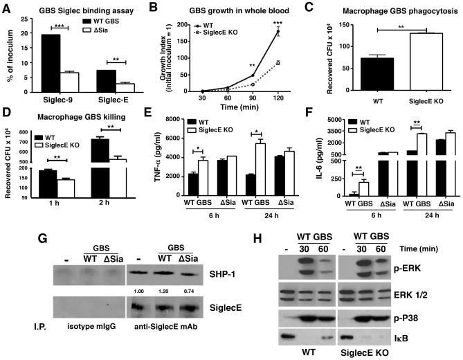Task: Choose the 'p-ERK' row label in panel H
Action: click(439, 264)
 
